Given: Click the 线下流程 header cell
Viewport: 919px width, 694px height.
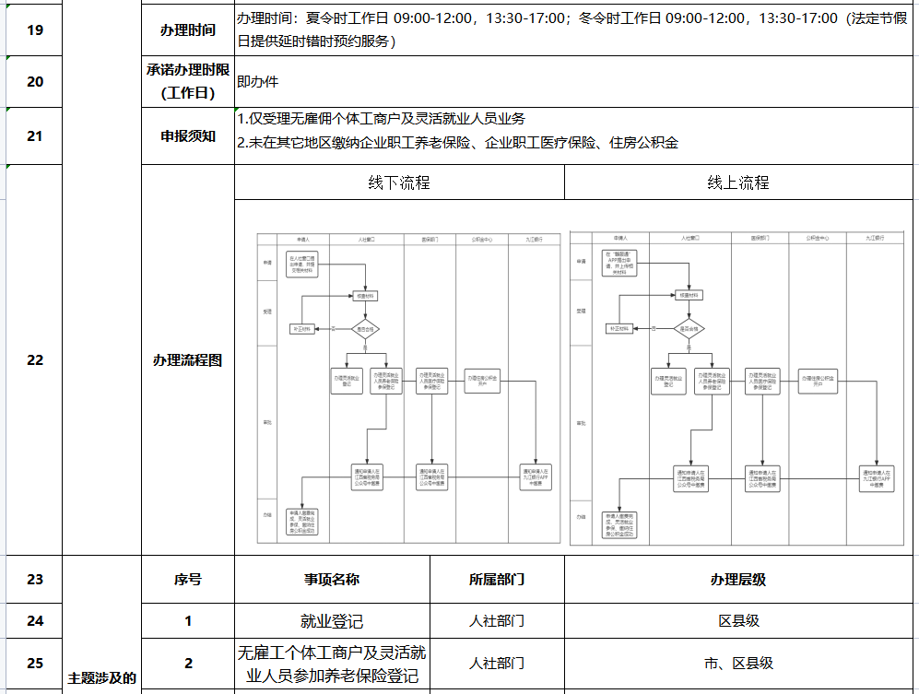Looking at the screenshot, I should pyautogui.click(x=398, y=182).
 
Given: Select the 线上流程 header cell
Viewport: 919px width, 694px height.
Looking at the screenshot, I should pyautogui.click(x=737, y=182).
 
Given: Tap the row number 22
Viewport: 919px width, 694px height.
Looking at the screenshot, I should pyautogui.click(x=35, y=360).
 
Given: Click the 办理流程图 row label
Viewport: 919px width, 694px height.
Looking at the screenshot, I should pyautogui.click(x=187, y=360).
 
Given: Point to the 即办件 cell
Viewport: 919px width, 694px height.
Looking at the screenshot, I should pyautogui.click(x=257, y=81).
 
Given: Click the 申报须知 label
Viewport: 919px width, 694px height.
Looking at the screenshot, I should pyautogui.click(x=187, y=135).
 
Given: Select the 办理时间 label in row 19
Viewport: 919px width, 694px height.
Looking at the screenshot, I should pyautogui.click(x=187, y=30).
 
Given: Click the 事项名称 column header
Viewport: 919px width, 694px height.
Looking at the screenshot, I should pyautogui.click(x=331, y=580).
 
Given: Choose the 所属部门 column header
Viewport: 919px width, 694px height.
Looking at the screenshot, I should pyautogui.click(x=497, y=580).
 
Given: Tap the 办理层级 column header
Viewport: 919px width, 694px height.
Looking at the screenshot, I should pyautogui.click(x=737, y=580).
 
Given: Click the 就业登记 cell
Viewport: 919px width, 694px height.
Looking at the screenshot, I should pyautogui.click(x=331, y=621).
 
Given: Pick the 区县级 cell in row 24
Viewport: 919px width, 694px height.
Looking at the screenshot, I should pyautogui.click(x=737, y=621).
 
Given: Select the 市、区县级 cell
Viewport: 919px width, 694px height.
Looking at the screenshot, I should pyautogui.click(x=737, y=663).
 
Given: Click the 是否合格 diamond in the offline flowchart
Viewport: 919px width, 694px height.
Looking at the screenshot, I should pyautogui.click(x=366, y=328).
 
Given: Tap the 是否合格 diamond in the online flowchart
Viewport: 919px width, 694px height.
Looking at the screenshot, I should pyautogui.click(x=687, y=328).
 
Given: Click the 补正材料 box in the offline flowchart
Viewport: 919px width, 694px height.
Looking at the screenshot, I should pyautogui.click(x=303, y=328).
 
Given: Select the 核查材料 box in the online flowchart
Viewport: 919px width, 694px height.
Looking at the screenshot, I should pyautogui.click(x=687, y=295).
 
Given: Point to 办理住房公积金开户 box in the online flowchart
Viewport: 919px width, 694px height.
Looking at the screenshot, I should pyautogui.click(x=818, y=381).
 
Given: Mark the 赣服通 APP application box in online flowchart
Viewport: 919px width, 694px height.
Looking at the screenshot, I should pyautogui.click(x=623, y=264).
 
